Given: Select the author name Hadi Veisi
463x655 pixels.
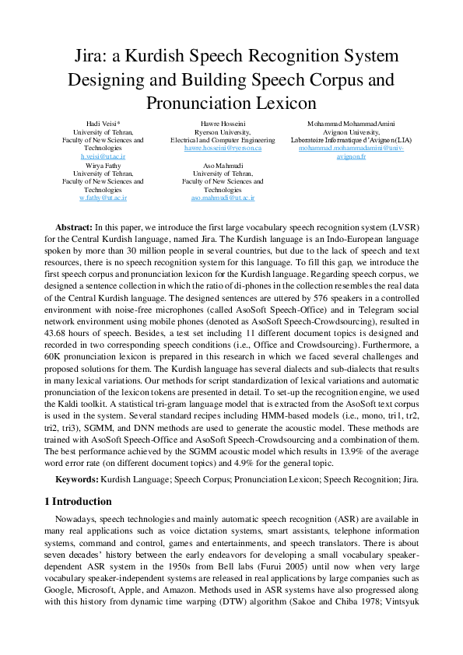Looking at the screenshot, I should click(x=101, y=124).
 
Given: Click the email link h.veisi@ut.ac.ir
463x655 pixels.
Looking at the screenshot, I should click(x=103, y=156).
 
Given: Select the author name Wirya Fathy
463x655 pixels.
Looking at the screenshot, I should click(x=103, y=165).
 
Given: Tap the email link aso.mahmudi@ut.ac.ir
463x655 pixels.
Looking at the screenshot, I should click(x=223, y=198).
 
